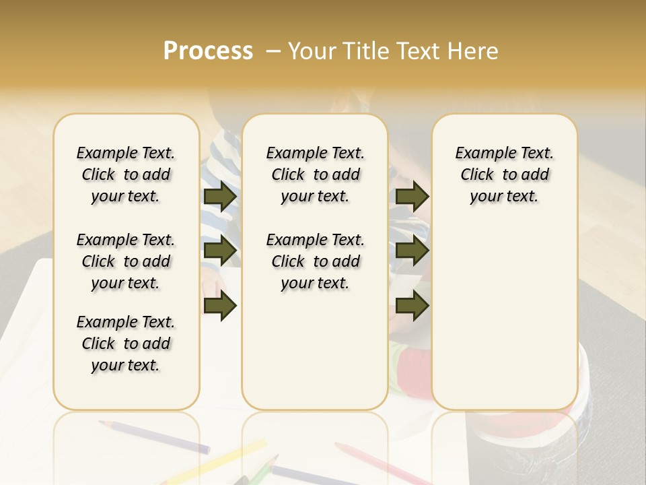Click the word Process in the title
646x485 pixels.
tap(208, 51)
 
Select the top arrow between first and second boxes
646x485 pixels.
tap(220, 197)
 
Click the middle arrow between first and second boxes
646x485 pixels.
tap(220, 251)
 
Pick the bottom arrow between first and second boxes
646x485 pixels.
tap(220, 306)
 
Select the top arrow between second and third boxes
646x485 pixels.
tap(412, 197)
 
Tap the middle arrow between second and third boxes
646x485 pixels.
tap(412, 251)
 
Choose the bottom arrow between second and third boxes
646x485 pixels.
tap(412, 306)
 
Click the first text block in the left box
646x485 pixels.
tap(126, 174)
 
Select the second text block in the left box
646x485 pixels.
tap(126, 261)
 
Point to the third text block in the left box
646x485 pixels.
tap(126, 344)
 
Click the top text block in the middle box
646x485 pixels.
tap(315, 174)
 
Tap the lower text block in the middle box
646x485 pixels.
tap(315, 261)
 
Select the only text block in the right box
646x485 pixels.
tap(504, 174)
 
